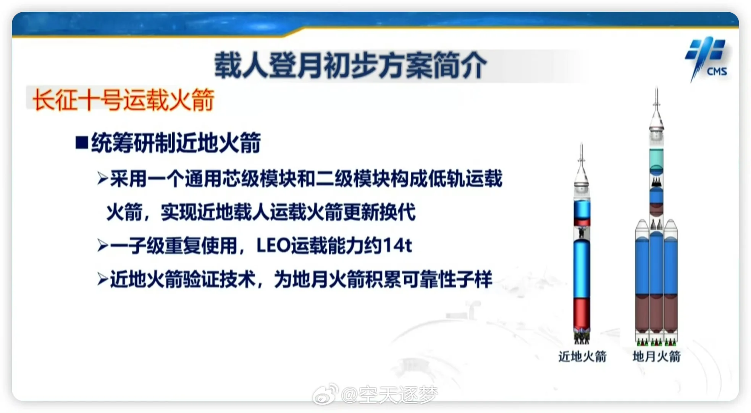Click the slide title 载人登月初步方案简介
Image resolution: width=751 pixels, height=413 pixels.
[350, 65]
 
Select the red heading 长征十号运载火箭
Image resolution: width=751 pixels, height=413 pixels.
[123, 100]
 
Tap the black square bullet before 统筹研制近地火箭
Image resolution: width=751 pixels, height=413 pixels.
[82, 143]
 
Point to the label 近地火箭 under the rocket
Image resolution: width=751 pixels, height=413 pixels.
[582, 356]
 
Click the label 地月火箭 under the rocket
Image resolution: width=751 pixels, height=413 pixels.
[656, 356]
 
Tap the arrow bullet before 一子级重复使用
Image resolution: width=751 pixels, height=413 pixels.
[103, 246]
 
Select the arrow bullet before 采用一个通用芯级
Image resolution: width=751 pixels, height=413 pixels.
[103, 178]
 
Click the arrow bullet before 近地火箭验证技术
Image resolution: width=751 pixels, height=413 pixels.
[103, 279]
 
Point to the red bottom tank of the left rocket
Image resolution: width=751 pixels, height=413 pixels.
[581, 314]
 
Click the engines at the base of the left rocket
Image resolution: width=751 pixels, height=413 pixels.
[581, 337]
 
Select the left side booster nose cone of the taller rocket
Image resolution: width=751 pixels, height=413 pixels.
[642, 226]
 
